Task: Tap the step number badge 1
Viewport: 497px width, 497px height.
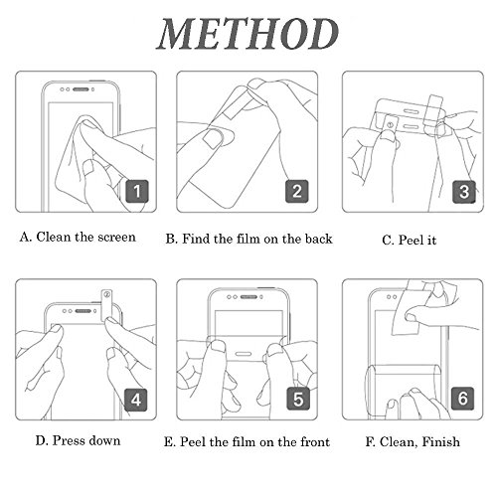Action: [137, 191]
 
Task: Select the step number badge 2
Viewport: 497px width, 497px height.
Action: [297, 191]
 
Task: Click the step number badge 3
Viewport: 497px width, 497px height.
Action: [464, 192]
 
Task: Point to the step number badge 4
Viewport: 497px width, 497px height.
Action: [136, 400]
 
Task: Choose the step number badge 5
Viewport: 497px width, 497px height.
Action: [298, 399]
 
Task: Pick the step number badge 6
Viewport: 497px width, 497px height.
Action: [463, 399]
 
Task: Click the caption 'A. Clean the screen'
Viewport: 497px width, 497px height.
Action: [78, 237]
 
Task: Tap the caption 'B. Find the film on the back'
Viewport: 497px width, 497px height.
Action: [248, 239]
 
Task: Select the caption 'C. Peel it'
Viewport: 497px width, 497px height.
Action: [409, 240]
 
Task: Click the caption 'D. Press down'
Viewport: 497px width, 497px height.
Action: [78, 440]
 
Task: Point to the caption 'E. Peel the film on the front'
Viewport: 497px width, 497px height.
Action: [247, 442]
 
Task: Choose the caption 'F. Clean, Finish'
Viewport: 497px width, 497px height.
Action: [413, 441]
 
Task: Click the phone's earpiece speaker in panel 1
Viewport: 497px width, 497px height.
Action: [81, 89]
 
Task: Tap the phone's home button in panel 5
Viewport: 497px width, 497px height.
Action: [244, 355]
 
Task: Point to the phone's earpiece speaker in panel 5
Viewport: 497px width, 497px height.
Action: [248, 297]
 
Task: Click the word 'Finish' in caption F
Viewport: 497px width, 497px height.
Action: [441, 441]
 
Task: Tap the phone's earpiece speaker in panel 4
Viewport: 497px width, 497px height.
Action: [83, 311]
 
